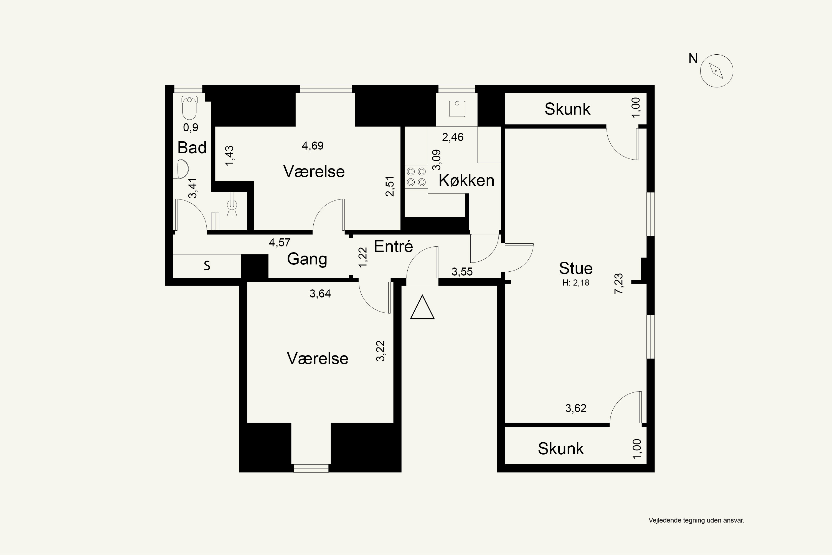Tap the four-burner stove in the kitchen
tap(416, 176)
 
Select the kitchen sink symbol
tap(457, 109)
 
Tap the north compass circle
tap(716, 71)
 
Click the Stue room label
tap(575, 268)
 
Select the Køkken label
tap(466, 181)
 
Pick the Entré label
tap(393, 246)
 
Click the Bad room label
tap(192, 148)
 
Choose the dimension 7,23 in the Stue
tap(619, 284)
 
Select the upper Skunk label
tap(567, 109)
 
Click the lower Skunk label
tap(561, 449)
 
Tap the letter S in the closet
tap(207, 266)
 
